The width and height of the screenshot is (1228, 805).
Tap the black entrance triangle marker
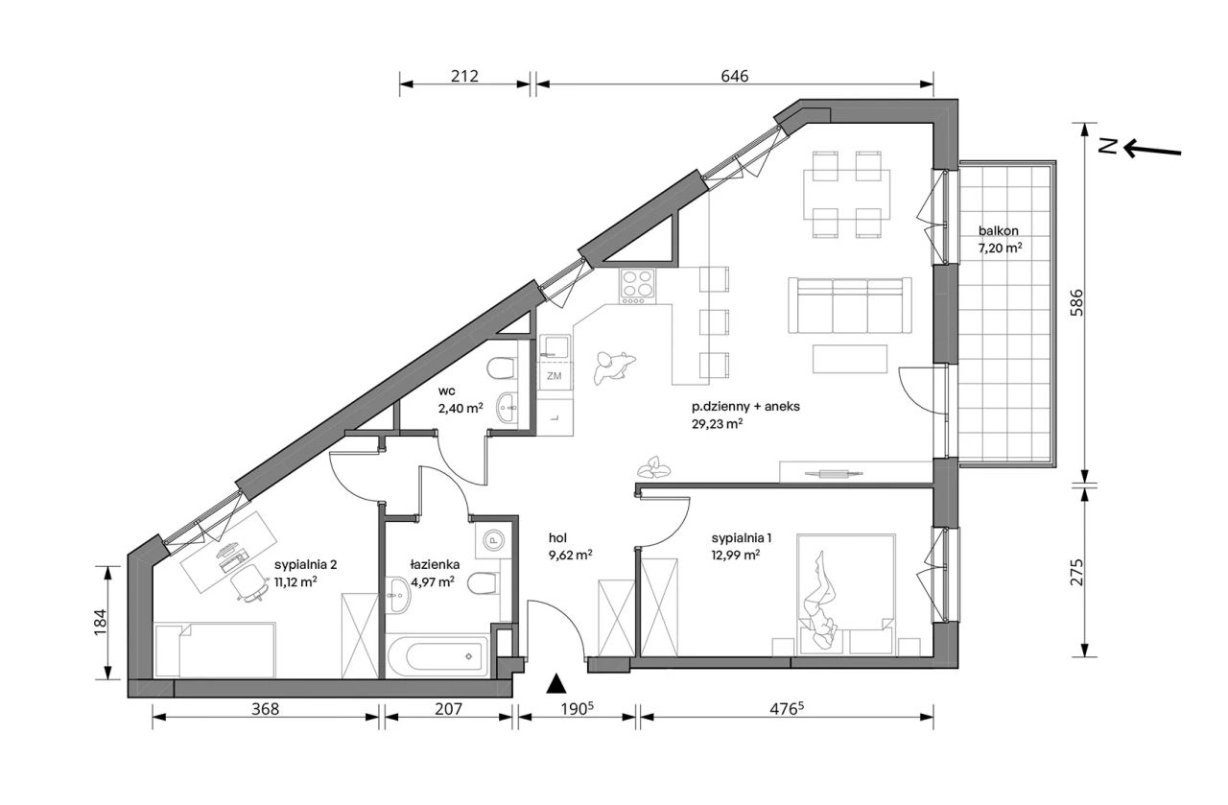point(557,684)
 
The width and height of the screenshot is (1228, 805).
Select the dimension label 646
point(734,76)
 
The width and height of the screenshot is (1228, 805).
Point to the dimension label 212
point(464,76)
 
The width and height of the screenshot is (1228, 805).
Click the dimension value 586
point(1077,302)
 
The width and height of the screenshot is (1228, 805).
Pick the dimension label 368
point(266,709)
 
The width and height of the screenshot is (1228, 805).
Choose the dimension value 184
point(100,623)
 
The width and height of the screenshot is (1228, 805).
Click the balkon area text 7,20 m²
point(1000,248)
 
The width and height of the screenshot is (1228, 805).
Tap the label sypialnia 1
point(742,538)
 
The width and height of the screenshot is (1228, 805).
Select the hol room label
point(557,538)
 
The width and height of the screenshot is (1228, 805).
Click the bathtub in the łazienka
point(437,656)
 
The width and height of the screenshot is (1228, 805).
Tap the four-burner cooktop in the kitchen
point(637,286)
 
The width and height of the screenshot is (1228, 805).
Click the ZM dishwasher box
point(555,375)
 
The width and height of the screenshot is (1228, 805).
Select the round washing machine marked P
point(493,540)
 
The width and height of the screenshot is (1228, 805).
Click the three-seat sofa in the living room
point(850,305)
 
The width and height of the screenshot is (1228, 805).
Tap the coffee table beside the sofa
point(850,359)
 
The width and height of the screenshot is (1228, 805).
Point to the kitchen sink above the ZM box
point(555,346)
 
